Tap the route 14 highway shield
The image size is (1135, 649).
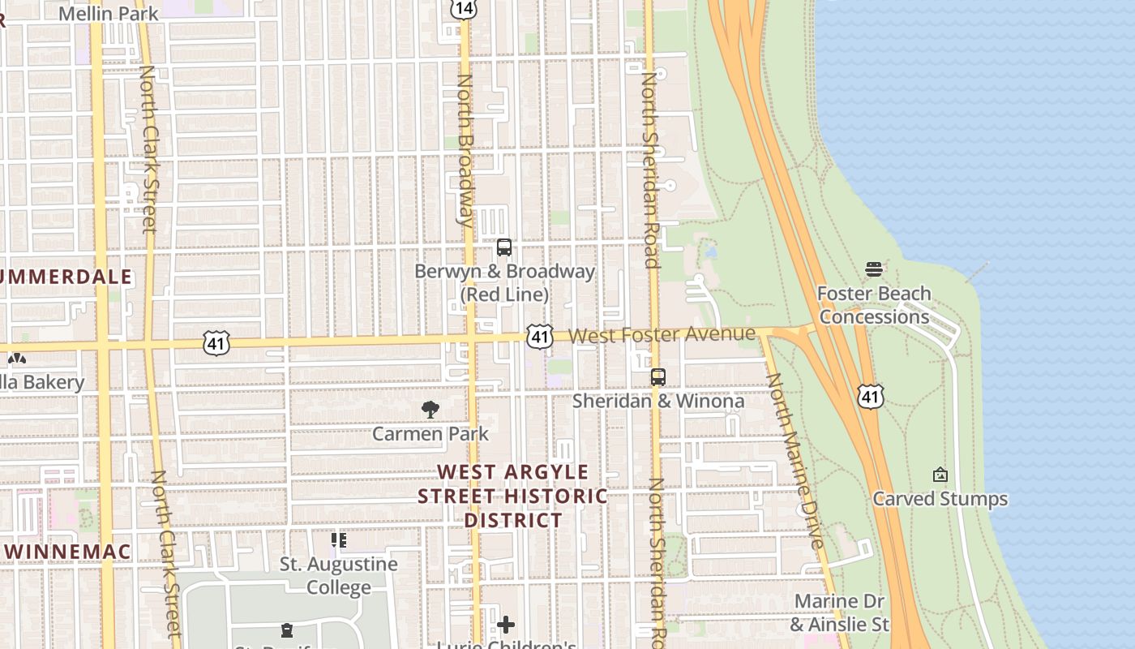463,7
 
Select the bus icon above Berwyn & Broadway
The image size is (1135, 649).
504,247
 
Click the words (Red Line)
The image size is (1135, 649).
504,294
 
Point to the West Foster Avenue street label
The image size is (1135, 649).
662,334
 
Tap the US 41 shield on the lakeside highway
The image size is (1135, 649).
870,396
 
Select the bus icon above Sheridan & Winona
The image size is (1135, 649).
657,377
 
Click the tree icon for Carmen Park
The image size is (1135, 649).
430,410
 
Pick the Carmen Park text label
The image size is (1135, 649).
430,434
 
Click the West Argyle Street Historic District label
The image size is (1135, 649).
512,496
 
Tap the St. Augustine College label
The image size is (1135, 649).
339,575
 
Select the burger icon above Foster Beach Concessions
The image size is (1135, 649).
873,269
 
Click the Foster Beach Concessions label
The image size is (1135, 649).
874,305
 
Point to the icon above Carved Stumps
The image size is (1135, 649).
940,475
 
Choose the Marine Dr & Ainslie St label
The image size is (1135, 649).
839,612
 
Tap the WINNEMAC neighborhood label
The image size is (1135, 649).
66,552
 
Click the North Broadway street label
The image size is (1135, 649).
465,150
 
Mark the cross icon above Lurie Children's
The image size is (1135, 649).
506,624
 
